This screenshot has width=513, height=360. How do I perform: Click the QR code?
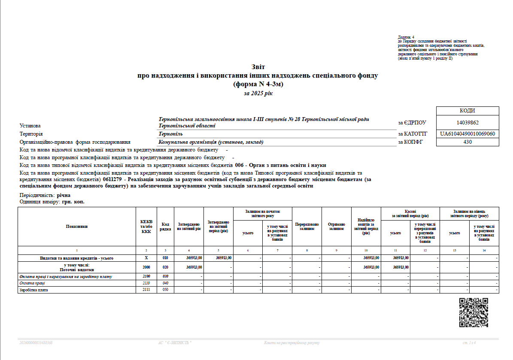[474, 312]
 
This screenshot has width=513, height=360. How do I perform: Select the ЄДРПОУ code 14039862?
[467, 123]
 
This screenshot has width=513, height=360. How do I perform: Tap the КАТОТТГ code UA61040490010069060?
[467, 134]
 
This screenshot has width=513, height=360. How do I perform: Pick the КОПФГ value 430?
[467, 142]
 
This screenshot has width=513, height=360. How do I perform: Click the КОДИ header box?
[467, 111]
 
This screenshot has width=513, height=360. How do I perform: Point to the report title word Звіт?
[258, 67]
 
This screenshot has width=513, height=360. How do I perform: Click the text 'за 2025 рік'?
[258, 93]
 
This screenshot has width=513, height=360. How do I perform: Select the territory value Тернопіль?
[170, 134]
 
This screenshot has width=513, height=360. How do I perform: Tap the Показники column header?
[76, 226]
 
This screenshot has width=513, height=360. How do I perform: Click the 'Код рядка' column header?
[165, 226]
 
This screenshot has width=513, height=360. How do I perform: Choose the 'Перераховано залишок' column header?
[307, 226]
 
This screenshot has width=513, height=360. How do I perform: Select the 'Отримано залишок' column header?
[336, 226]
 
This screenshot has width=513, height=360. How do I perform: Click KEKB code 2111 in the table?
[146, 290]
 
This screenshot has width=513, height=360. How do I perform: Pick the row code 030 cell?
[165, 277]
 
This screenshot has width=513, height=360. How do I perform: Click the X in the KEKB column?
[146, 258]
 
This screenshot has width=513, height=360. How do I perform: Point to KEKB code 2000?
[146, 267]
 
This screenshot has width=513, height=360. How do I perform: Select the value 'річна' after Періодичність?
[63, 195]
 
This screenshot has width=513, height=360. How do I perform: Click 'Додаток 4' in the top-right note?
[406, 37]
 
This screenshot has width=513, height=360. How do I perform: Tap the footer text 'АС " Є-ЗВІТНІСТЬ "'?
[175, 343]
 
